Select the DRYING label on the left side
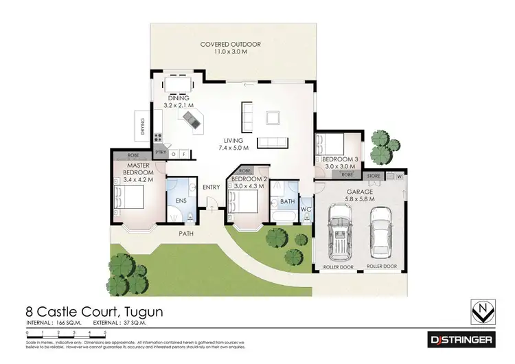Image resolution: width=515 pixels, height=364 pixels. coord(142,126)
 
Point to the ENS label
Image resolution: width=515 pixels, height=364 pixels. coord(181,201)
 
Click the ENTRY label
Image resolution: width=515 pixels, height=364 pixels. coord(211,187)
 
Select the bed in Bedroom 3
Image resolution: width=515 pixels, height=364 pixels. coord(328,146)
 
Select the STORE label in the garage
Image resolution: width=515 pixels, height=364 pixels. coord(373,177)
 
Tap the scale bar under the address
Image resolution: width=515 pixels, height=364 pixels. coord(65,335)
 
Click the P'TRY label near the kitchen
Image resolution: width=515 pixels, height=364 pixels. coord(161,152)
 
